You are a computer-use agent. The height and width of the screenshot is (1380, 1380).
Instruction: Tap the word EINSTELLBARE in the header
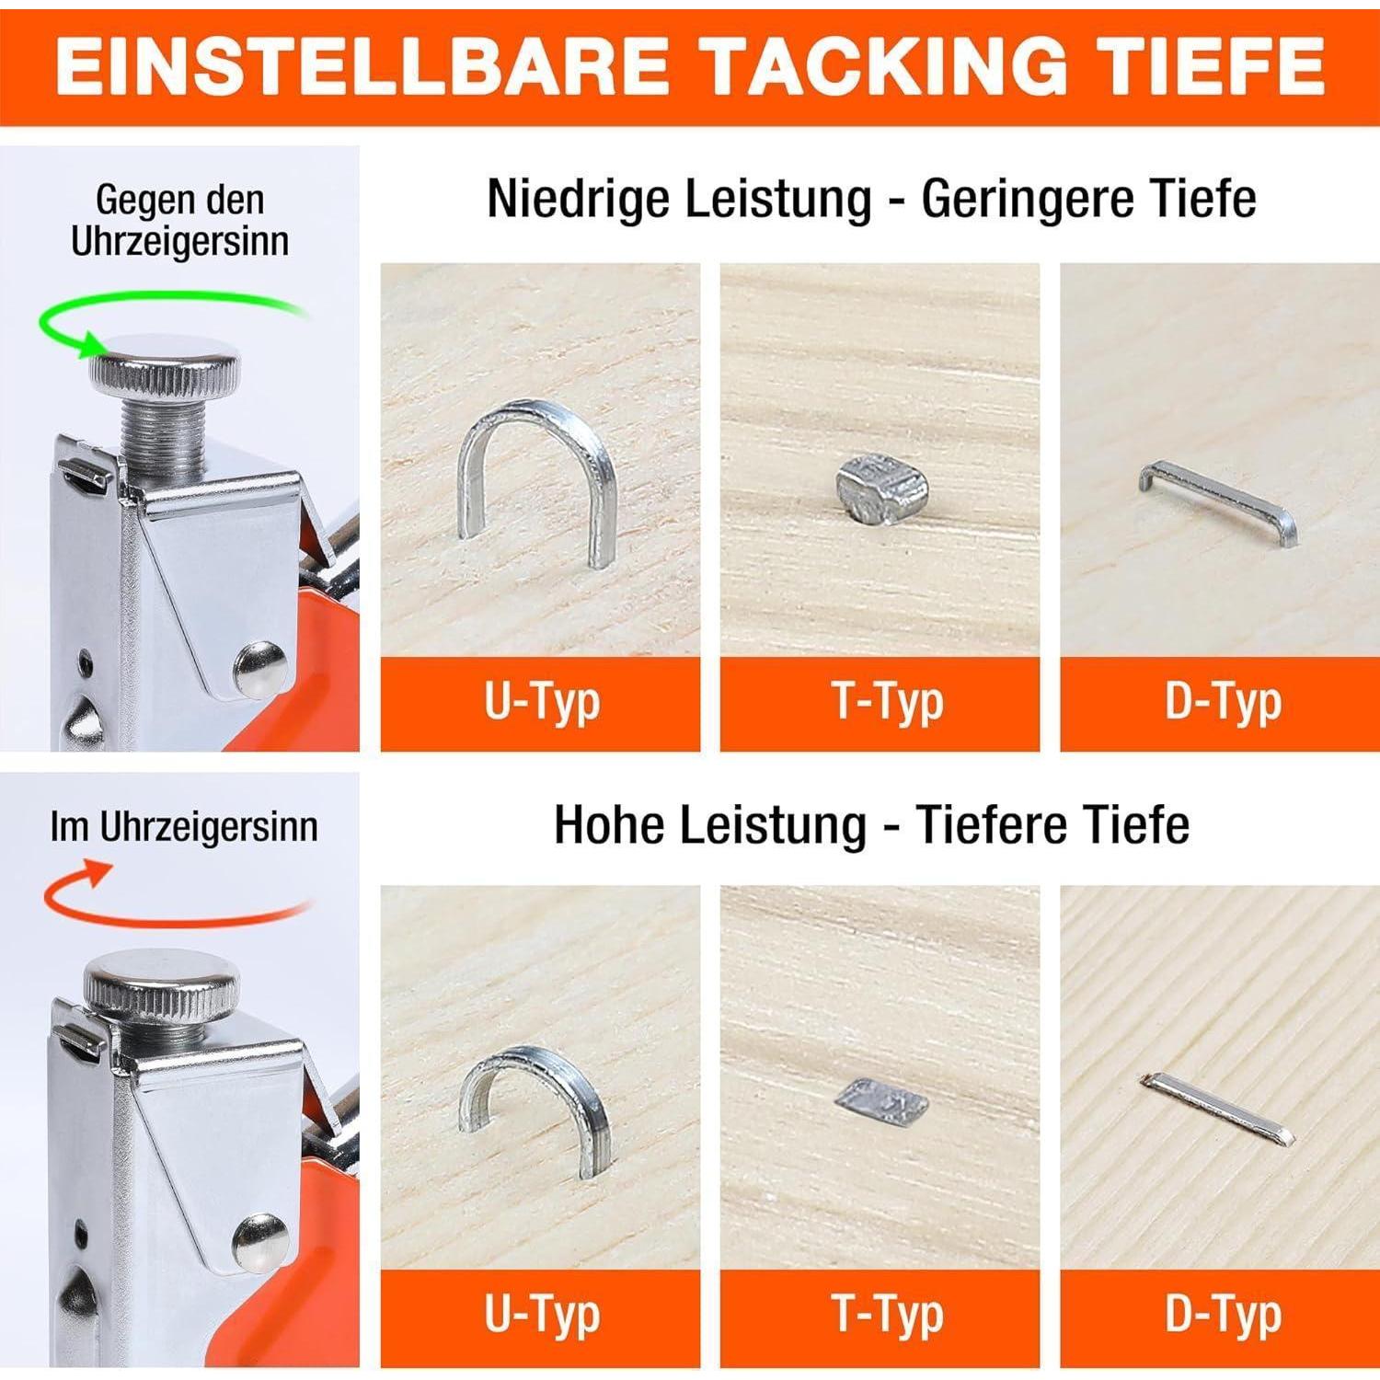point(362,65)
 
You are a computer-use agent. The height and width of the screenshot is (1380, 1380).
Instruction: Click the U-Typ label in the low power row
point(542,703)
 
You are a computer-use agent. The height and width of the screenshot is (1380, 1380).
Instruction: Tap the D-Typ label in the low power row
point(1223,703)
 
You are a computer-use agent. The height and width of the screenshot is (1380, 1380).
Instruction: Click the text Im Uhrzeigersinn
point(184,827)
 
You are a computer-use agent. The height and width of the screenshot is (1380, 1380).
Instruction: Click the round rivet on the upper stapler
point(259,666)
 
